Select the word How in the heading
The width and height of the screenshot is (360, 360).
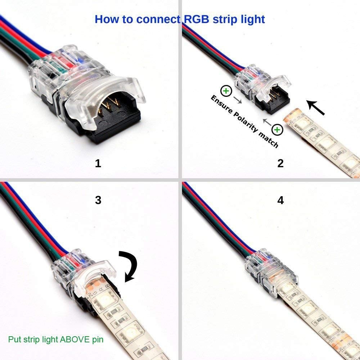pos(108,19)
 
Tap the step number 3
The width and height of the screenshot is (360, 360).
pos(98,200)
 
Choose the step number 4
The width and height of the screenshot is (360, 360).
pos(280,200)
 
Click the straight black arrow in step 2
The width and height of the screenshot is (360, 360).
pos(316,107)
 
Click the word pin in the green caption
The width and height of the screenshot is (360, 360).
pos(98,339)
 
